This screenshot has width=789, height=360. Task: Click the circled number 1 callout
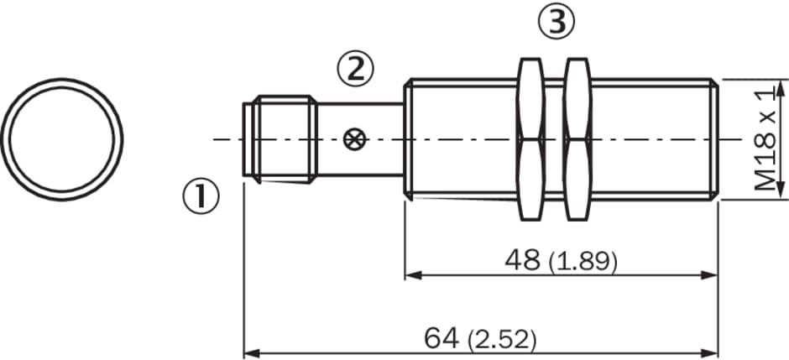[201, 196]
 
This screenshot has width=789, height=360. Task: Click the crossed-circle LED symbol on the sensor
[352, 139]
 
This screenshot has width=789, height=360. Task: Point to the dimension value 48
[523, 260]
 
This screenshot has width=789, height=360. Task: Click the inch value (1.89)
[583, 262]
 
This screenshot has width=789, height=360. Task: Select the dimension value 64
[442, 338]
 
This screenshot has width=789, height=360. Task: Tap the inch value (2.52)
[502, 341]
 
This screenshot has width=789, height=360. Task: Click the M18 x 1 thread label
[765, 138]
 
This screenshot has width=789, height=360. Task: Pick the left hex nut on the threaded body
[530, 139]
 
